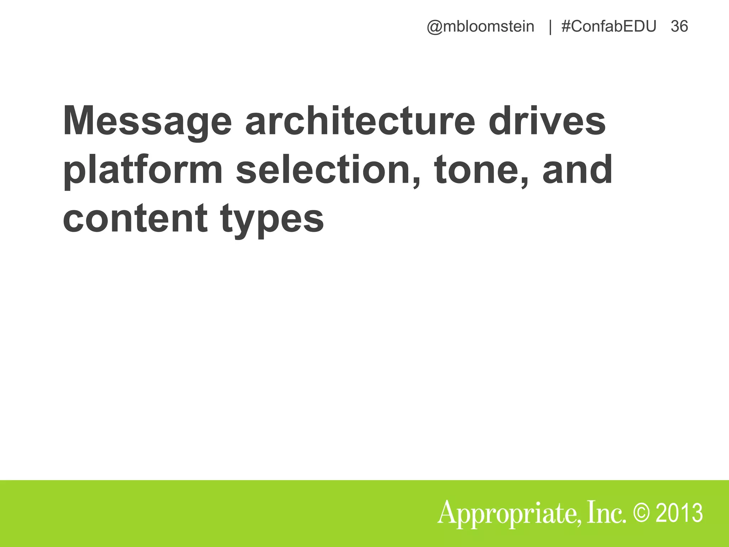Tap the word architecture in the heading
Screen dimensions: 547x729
(360, 121)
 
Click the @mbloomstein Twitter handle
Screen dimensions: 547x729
(481, 27)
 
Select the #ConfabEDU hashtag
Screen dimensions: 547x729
(609, 27)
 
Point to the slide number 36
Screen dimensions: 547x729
(679, 27)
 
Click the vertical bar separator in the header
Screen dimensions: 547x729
(550, 27)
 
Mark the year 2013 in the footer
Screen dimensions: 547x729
(679, 513)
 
